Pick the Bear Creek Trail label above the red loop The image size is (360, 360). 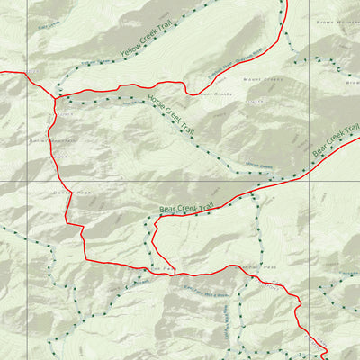[184, 209]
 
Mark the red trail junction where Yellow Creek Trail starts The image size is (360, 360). [57, 97]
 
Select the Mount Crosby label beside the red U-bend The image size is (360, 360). [216, 94]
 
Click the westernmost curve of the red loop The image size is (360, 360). [153, 236]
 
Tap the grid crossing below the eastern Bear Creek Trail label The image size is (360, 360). [309, 183]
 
